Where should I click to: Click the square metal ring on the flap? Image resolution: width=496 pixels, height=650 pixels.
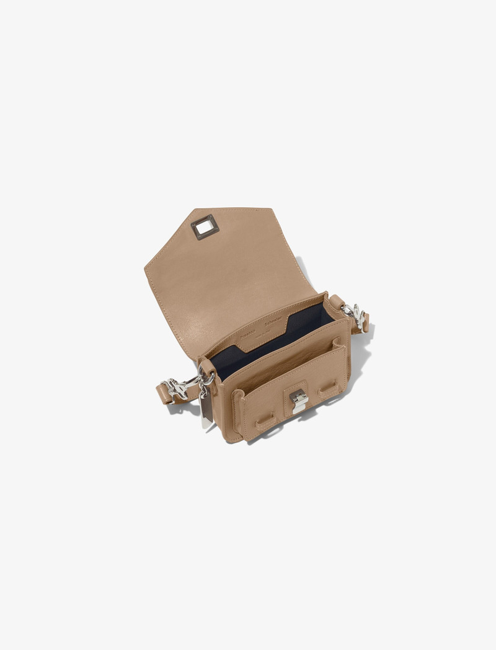pyautogui.click(x=205, y=227)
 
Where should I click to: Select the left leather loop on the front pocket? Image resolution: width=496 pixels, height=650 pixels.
pyautogui.click(x=266, y=421)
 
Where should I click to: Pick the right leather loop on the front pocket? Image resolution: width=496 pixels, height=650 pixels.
pyautogui.click(x=328, y=388)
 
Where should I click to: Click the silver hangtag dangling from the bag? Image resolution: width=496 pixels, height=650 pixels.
pyautogui.click(x=206, y=410)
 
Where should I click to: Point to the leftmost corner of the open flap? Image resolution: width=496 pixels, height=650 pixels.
pyautogui.click(x=146, y=268)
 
